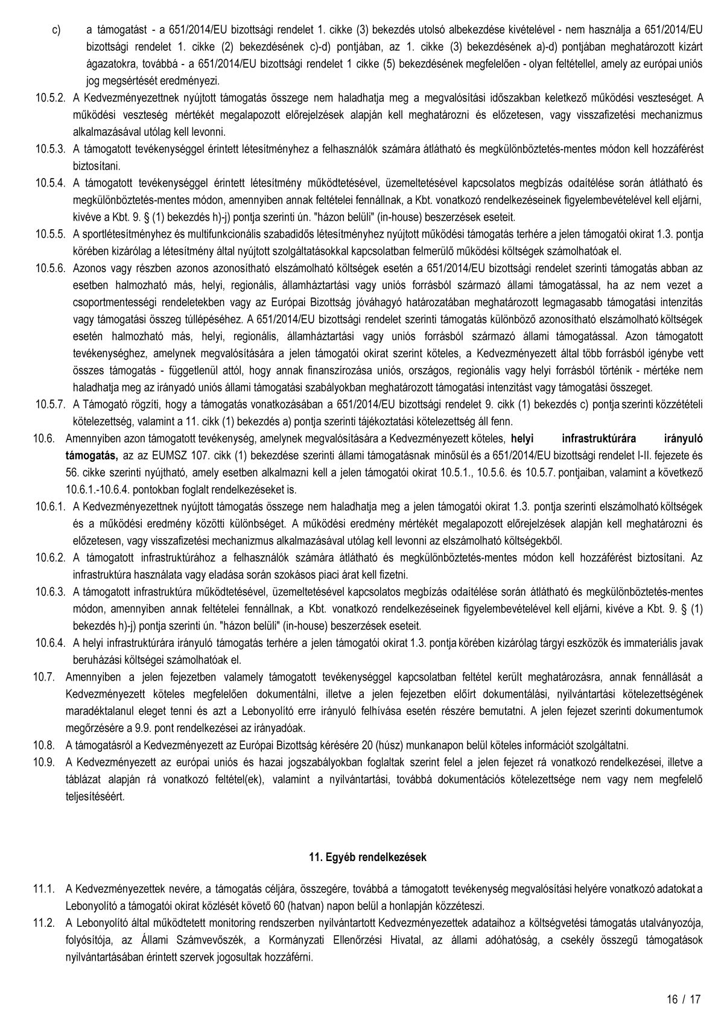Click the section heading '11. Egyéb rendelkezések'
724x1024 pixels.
(x=367, y=856)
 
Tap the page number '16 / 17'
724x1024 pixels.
(x=684, y=999)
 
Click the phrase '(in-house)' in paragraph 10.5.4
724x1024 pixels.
(x=390, y=215)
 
